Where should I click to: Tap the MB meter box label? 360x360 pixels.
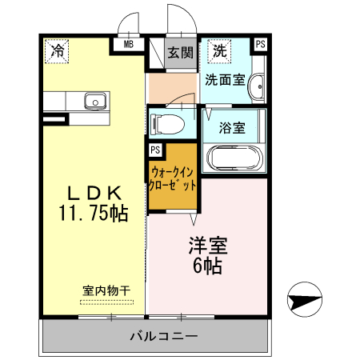click(128, 45)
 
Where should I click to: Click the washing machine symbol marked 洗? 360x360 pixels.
click(218, 51)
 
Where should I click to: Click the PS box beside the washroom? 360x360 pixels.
click(260, 45)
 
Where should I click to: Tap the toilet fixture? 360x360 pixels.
click(166, 124)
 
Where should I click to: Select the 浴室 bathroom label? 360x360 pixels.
click(233, 126)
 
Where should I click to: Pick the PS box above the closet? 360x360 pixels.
click(154, 148)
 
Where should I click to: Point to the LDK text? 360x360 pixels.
click(93, 193)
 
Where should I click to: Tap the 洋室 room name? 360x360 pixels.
click(206, 244)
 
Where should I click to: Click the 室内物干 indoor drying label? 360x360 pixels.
click(106, 290)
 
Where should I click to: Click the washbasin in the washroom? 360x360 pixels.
click(257, 86)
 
